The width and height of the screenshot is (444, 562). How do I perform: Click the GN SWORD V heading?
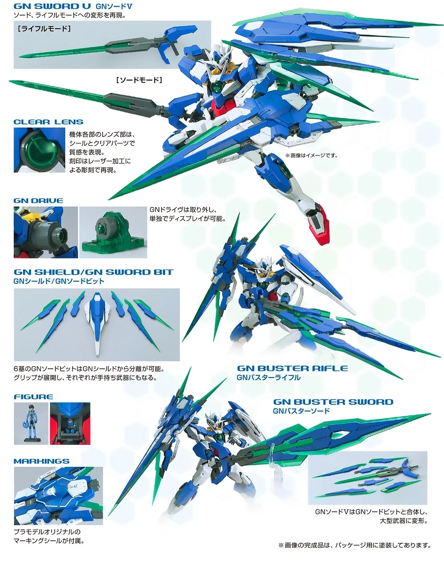[x=53, y=6]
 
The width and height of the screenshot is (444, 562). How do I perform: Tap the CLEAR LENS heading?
[x=48, y=122]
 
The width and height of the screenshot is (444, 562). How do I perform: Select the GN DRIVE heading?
[x=38, y=200]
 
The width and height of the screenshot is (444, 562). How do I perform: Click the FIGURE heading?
[x=33, y=397]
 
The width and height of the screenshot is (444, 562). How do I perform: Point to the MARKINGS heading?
[x=42, y=461]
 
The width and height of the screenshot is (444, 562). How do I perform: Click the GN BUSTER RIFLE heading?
[x=292, y=368]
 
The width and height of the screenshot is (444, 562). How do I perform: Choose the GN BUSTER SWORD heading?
[x=333, y=402]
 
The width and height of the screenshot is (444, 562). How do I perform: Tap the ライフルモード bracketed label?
[x=44, y=28]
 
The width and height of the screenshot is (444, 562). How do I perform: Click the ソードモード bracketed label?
[x=139, y=80]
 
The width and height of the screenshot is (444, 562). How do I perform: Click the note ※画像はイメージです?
[x=311, y=155]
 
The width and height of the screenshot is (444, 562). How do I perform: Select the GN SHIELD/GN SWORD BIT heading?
[x=93, y=272]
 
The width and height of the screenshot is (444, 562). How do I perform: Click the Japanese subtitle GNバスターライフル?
[x=269, y=378]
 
